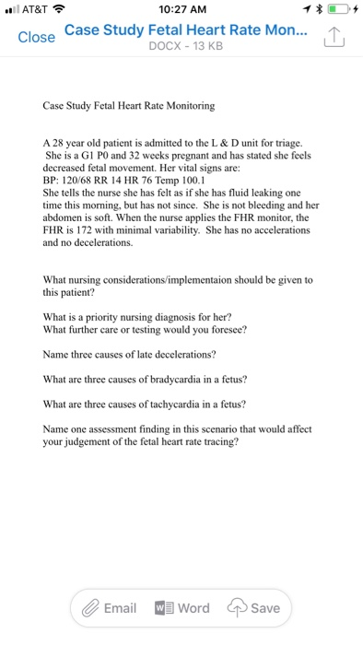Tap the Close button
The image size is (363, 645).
coord(37,38)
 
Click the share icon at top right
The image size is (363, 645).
coord(333,39)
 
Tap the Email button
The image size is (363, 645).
coord(108,608)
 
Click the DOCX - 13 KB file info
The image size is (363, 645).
coord(181,45)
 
